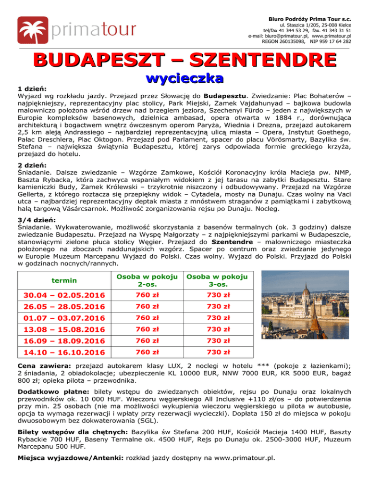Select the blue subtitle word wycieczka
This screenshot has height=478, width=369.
click(x=184, y=77)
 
